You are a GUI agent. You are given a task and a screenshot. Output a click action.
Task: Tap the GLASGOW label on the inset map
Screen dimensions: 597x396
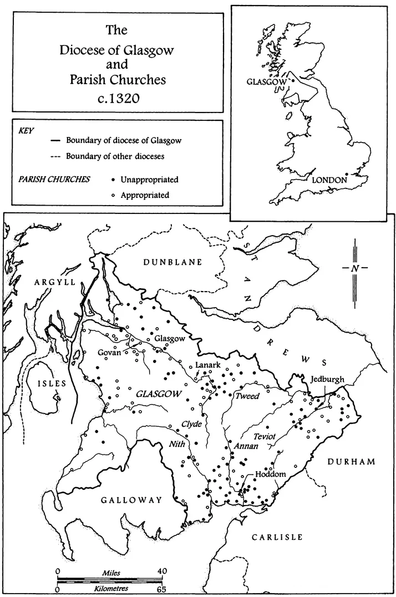[x=266, y=81]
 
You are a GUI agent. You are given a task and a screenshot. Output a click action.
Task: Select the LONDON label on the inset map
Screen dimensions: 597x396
[x=329, y=180]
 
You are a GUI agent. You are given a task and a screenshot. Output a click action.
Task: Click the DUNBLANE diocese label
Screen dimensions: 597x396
[x=174, y=262]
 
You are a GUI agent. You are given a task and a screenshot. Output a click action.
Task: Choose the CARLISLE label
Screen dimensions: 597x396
[x=277, y=537]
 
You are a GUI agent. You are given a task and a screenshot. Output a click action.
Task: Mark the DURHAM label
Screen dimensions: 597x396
[x=351, y=462]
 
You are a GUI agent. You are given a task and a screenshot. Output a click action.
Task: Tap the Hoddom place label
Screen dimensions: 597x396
[x=270, y=474]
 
